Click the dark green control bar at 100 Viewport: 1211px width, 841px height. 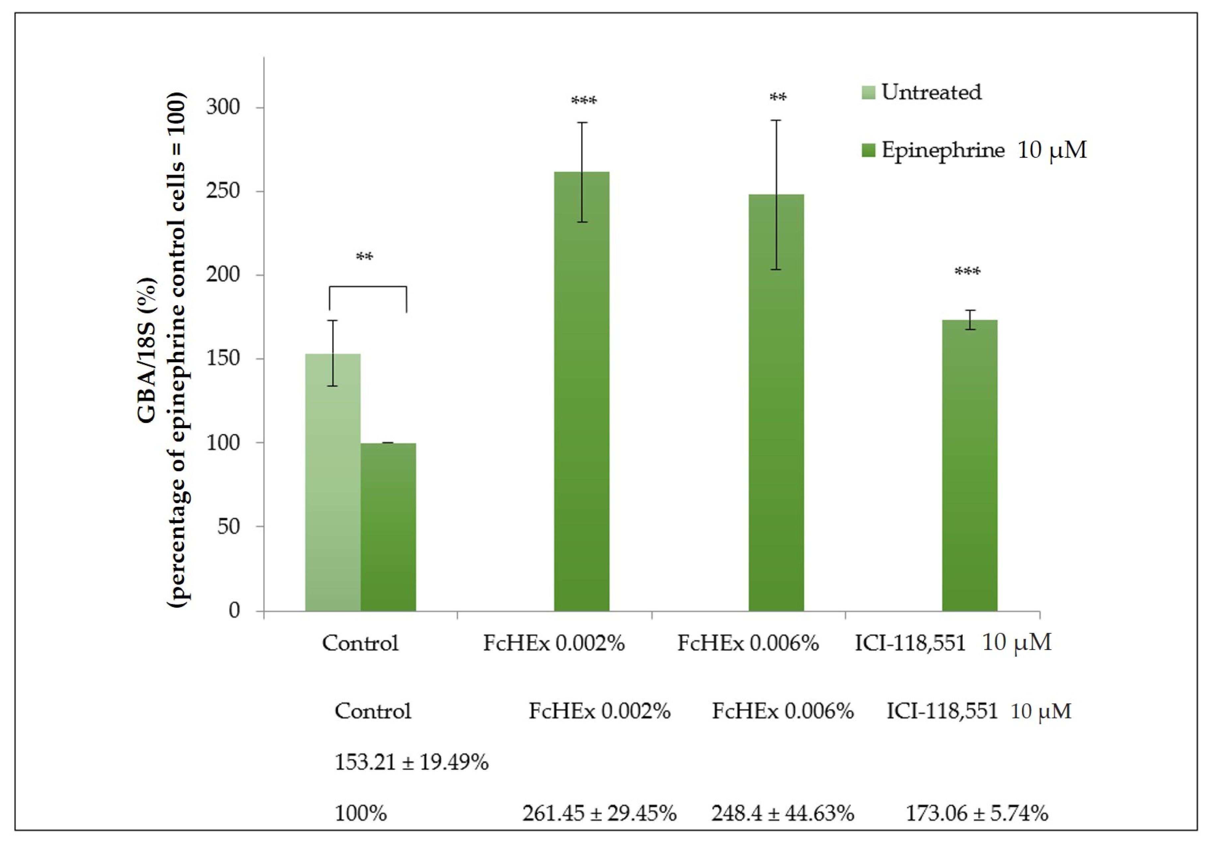pyautogui.click(x=388, y=527)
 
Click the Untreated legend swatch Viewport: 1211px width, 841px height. pyautogui.click(x=869, y=93)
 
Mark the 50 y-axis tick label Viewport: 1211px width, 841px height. pyautogui.click(x=229, y=526)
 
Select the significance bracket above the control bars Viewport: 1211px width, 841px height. pyautogui.click(x=368, y=287)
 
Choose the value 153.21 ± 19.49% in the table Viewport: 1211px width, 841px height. pyautogui.click(x=411, y=762)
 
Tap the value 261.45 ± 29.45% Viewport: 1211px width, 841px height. pyautogui.click(x=599, y=813)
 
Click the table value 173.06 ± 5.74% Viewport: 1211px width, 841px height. pyautogui.click(x=977, y=813)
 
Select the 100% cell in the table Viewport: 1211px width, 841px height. pyautogui.click(x=361, y=813)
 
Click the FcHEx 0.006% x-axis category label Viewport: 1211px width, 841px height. pyautogui.click(x=748, y=643)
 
